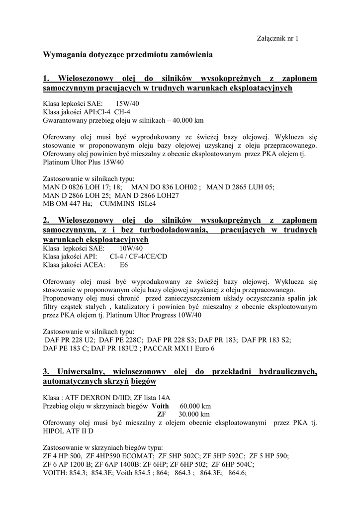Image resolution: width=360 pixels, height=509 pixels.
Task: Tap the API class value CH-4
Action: pos(122,112)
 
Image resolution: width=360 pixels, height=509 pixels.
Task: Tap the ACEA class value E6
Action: pos(124,265)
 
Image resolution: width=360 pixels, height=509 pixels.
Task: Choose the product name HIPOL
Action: pos(55,431)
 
